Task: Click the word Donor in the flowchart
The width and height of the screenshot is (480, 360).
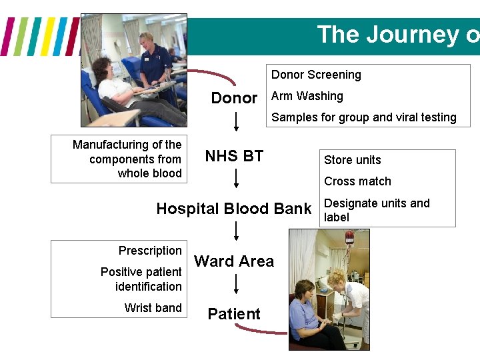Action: [234, 98]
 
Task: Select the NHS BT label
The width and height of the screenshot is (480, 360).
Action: [234, 156]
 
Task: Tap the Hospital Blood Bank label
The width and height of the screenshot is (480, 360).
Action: [234, 209]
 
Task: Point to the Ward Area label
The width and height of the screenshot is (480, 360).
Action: [234, 261]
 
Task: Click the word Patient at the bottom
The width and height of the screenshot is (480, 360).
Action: [234, 313]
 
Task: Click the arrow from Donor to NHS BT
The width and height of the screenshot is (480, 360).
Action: [236, 121]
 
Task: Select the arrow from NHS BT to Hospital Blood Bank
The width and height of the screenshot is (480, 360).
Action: [236, 179]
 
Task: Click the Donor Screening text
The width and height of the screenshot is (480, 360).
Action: [316, 75]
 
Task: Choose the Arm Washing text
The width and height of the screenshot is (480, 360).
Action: [307, 96]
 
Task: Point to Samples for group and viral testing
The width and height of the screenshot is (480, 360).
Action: [364, 117]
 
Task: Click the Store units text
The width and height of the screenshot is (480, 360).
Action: [353, 160]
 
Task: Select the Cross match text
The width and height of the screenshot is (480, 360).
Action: [357, 181]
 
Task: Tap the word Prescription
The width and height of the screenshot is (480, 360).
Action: [150, 251]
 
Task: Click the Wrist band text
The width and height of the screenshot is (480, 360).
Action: [153, 307]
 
